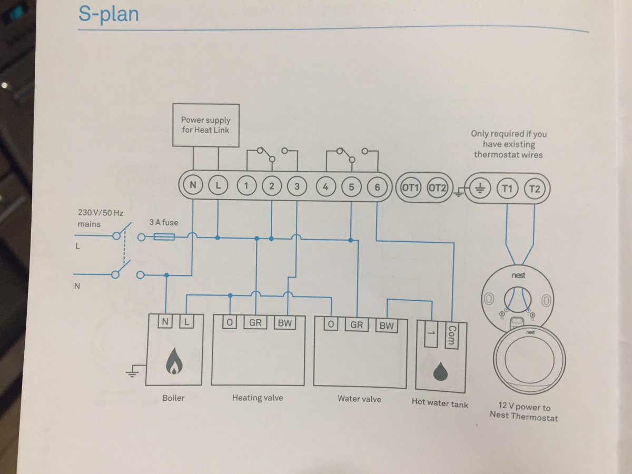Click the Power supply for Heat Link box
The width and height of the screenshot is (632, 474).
205,125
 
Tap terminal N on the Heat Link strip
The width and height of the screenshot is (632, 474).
193,185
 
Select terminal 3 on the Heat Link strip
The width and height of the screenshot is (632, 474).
297,186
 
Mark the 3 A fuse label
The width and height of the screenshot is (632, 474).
163,222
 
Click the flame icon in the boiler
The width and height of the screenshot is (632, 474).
173,362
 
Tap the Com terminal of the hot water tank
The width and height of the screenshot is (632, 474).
450,335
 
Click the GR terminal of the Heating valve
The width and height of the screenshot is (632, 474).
255,322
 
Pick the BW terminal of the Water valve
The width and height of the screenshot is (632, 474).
387,326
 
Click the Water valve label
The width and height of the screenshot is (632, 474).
359,399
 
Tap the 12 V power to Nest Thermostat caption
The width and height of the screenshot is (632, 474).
524,412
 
